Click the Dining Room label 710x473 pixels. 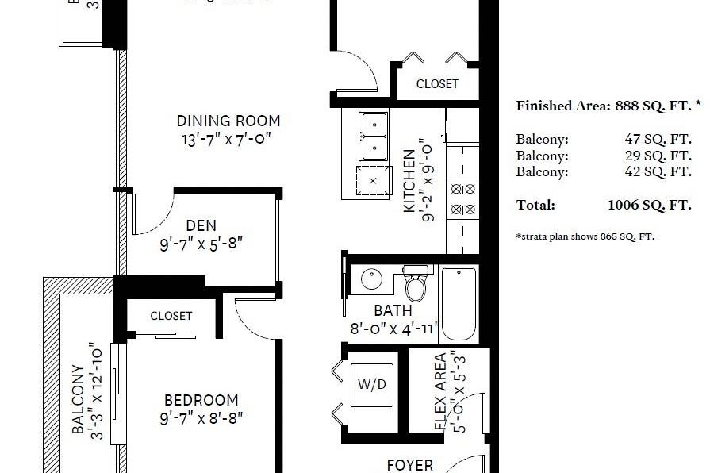(x=228, y=121)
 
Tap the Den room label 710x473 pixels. (x=201, y=226)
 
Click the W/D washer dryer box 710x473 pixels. (x=371, y=385)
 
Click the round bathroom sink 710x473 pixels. (x=371, y=280)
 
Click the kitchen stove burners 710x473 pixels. (x=462, y=199)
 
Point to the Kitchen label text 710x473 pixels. (x=409, y=181)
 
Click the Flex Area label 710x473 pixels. (x=440, y=391)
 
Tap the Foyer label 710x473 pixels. (x=409, y=465)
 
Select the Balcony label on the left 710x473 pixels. (x=79, y=399)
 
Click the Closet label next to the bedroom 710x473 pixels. (x=171, y=316)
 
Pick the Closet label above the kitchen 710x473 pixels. (x=437, y=84)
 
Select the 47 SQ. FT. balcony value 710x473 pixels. (x=658, y=139)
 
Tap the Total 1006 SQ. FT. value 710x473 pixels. (x=649, y=205)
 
